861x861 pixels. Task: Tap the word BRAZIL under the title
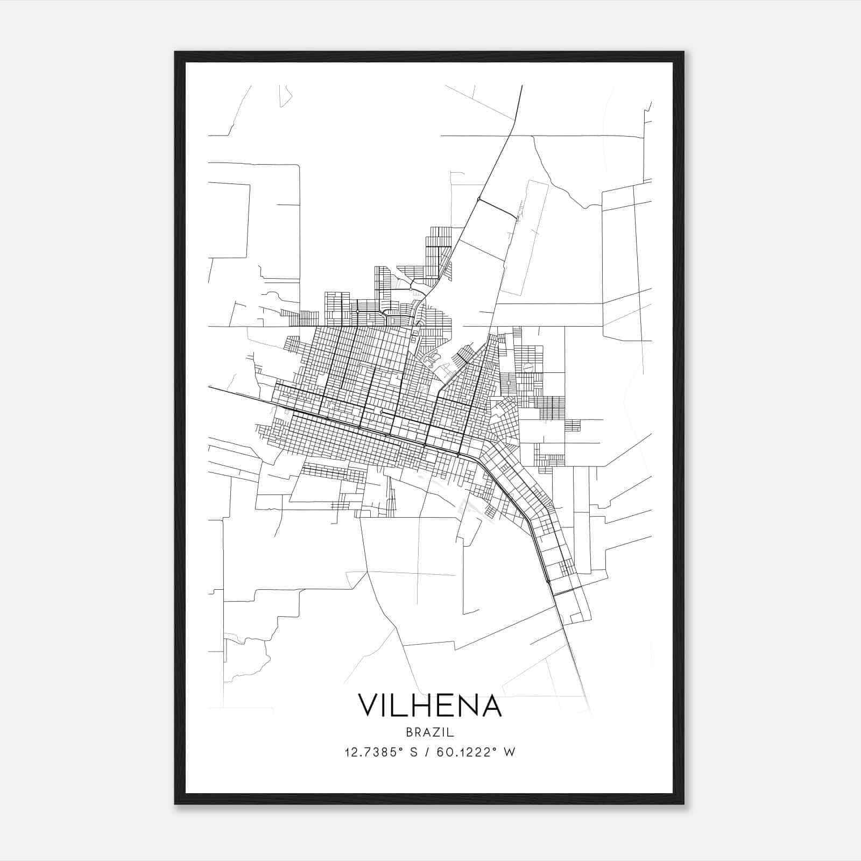pos(430,732)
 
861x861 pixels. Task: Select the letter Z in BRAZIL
pos(435,732)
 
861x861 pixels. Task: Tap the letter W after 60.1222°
pos(510,752)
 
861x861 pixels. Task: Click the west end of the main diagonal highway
pos(210,386)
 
